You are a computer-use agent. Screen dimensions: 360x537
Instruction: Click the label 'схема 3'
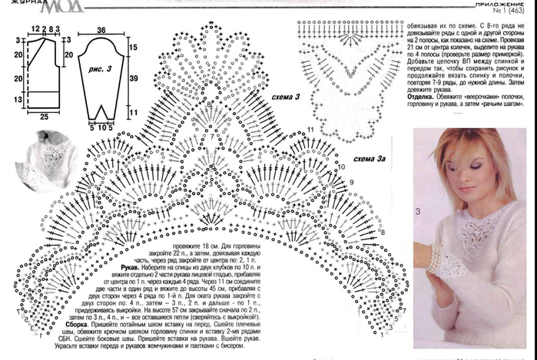(x=286, y=97)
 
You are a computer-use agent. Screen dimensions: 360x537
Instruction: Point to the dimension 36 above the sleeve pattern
(x=101, y=30)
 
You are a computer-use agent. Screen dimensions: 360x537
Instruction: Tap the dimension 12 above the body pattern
(x=35, y=29)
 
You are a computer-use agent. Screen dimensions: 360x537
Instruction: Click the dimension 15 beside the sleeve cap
(x=133, y=48)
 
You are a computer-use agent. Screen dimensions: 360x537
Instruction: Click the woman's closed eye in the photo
(x=476, y=164)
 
